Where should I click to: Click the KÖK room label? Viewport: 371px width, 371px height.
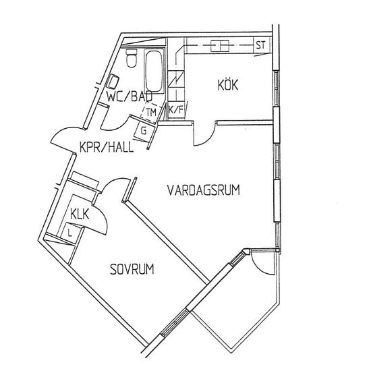click(x=228, y=85)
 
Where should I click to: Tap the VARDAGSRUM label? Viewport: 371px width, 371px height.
click(x=204, y=190)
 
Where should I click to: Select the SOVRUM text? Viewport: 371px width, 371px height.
click(x=132, y=269)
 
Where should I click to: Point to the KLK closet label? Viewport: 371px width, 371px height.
click(x=80, y=215)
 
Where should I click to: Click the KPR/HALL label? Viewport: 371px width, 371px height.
click(x=107, y=147)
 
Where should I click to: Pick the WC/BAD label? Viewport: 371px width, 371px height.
click(x=130, y=96)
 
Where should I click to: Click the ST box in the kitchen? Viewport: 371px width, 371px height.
click(x=261, y=45)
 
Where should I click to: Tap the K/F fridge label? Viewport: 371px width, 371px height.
click(x=176, y=109)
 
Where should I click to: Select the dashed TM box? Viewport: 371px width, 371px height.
click(x=151, y=113)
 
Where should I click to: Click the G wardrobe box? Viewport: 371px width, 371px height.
click(x=144, y=131)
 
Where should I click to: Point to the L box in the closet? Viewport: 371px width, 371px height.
click(x=69, y=233)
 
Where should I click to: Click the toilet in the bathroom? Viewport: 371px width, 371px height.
click(x=132, y=58)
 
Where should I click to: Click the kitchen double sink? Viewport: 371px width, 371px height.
click(x=220, y=46)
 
